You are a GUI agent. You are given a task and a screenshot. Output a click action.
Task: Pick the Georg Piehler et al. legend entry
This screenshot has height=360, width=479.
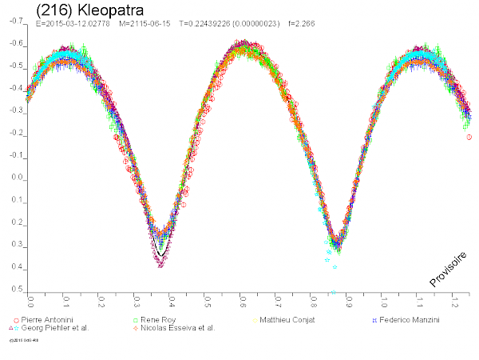pos(55,328)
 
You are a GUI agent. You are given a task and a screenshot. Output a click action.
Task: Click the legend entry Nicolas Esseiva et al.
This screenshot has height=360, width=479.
pos(179,328)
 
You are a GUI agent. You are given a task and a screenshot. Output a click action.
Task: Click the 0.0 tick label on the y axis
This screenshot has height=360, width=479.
pos(17,178)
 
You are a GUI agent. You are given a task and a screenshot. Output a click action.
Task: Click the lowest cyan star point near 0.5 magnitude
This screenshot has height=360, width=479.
pos(333,293)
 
